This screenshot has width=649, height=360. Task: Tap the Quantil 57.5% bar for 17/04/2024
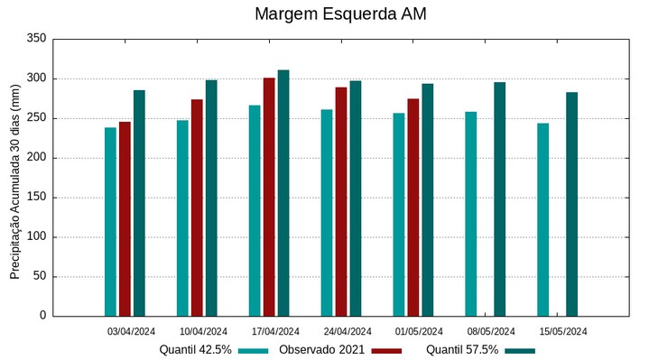coord(283,193)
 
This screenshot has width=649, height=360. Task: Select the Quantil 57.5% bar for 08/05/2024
coord(499,199)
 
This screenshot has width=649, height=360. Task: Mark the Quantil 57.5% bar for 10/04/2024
coord(211,198)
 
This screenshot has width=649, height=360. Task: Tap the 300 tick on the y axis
coord(36,78)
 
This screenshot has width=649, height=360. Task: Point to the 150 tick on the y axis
coord(36,198)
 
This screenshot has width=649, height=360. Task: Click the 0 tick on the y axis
coord(42,316)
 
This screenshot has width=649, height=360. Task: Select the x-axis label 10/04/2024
coord(203,331)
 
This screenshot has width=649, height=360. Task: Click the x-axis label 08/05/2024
coord(491,331)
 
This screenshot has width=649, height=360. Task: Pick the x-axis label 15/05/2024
coord(563,331)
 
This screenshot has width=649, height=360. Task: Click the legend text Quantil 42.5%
coord(196,350)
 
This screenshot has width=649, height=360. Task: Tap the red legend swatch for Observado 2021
coord(386,350)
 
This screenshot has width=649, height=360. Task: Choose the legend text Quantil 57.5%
coord(462,350)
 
